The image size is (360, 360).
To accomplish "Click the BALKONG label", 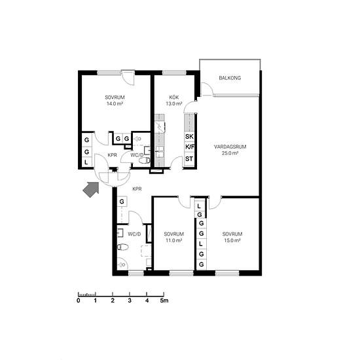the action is (230, 78).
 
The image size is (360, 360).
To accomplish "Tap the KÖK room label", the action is (174, 98).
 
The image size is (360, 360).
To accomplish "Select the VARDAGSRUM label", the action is (230, 147).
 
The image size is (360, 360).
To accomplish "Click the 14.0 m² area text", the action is (115, 103).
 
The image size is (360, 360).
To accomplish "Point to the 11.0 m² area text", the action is (174, 240).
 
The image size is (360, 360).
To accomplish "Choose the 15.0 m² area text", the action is (232, 240).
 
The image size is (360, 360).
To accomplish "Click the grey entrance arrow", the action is (91, 189).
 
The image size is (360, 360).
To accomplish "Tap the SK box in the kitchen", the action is (189, 137).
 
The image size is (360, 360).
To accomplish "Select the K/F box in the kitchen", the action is (190, 147).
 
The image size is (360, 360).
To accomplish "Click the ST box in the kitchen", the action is (189, 158).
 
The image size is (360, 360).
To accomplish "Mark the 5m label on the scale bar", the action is (164, 300).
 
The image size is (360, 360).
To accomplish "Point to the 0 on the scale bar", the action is (79, 300).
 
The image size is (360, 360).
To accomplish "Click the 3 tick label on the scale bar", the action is (130, 300).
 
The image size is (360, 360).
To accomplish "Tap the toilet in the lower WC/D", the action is (122, 247).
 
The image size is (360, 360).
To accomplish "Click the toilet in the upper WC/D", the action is (145, 160).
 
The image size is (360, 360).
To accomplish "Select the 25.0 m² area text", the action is (230, 153).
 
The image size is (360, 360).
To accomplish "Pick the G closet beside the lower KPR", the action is (122, 202).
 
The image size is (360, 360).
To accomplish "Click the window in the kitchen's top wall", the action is (174, 73).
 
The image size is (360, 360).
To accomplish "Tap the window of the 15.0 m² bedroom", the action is (227, 273).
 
